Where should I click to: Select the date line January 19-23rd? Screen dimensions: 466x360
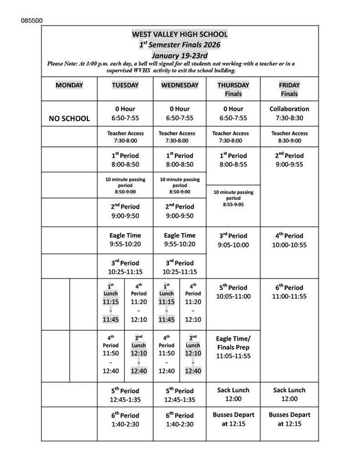coord(179,54)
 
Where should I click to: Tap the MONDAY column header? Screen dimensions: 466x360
coord(69,85)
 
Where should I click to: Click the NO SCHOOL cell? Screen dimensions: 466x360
coord(69,118)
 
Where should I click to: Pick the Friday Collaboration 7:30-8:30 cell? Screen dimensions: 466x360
coord(290,113)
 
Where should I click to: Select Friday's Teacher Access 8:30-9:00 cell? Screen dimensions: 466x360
coord(290,136)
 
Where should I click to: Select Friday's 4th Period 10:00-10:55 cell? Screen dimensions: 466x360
coord(290,240)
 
